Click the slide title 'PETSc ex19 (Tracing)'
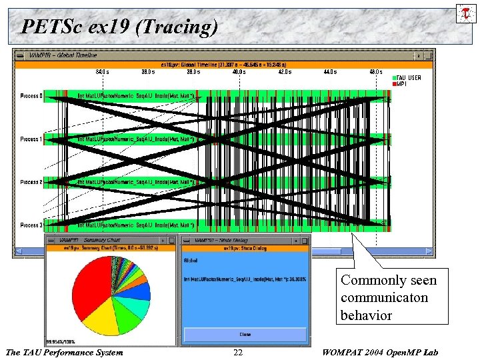(x=119, y=27)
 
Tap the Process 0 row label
(x=31, y=96)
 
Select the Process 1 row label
(x=31, y=139)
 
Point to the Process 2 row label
(x=31, y=182)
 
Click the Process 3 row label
(x=31, y=225)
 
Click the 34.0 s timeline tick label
(x=102, y=71)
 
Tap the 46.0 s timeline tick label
(x=376, y=71)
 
